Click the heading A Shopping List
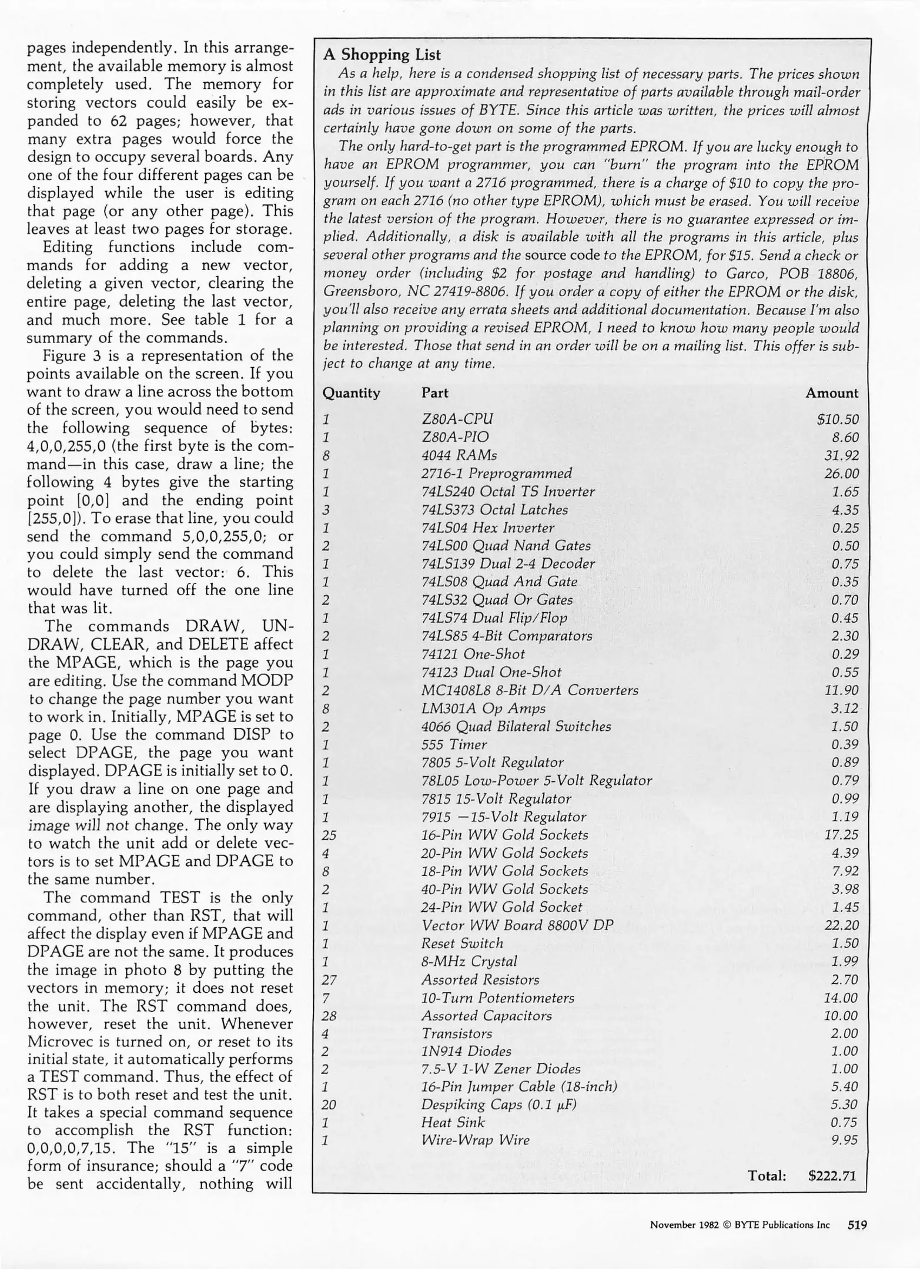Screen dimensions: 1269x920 pos(382,55)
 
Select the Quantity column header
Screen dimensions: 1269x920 pos(352,393)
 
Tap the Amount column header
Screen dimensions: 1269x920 pos(832,393)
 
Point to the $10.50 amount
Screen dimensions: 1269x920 pos(838,419)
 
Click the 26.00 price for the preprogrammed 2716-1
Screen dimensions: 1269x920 pos(841,474)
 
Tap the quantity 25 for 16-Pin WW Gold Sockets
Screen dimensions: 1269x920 pos(329,835)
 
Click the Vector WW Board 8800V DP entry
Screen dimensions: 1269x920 pos(517,925)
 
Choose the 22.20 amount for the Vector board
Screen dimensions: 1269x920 pos(842,925)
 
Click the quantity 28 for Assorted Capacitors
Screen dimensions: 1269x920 pos(329,1016)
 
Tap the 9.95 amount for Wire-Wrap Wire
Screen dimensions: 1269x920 pos(845,1140)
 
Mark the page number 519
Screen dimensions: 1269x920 pos(857,1225)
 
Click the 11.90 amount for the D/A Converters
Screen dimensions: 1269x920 pos(842,690)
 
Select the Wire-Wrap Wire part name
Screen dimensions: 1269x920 pos(476,1140)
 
